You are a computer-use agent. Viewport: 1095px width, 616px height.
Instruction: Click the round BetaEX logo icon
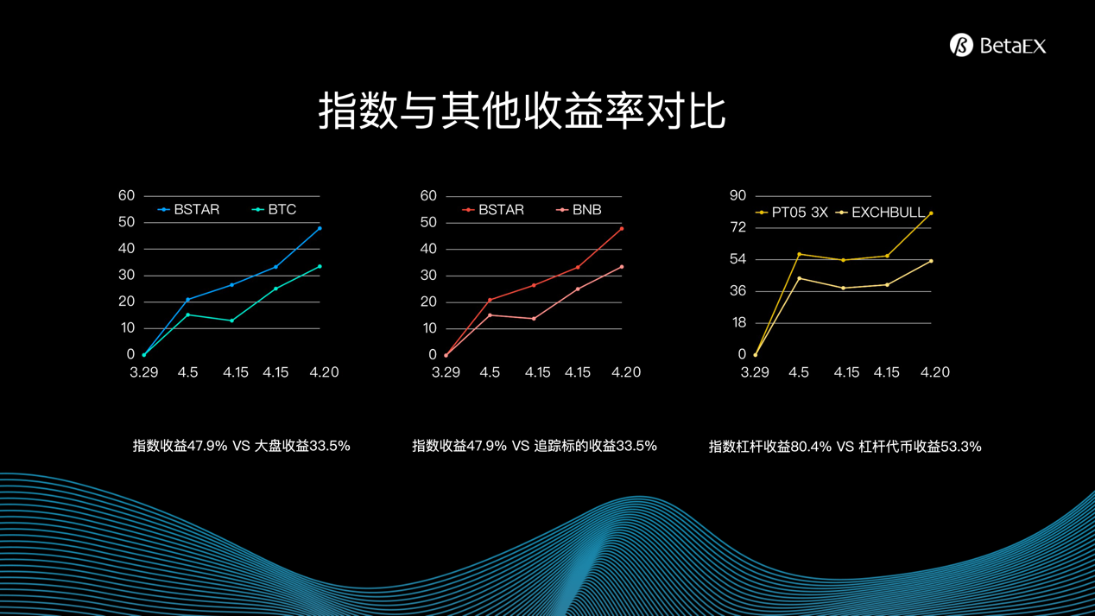tap(961, 46)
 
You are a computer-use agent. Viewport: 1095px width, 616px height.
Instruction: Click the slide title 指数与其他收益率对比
tap(522, 111)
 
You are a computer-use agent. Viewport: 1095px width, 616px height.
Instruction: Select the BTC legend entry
tap(274, 210)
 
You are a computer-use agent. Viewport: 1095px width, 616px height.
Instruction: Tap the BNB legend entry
tap(579, 210)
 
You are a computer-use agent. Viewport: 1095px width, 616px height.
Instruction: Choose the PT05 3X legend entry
tap(791, 213)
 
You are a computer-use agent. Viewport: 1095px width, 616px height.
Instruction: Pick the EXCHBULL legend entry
tap(880, 213)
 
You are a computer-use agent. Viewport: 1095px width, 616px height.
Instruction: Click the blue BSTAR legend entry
tap(188, 210)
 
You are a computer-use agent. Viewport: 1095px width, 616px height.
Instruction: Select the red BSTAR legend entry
tap(493, 210)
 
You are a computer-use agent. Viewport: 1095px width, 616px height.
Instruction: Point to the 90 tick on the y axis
tap(738, 195)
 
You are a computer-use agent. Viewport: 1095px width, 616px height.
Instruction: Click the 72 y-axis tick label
tap(738, 227)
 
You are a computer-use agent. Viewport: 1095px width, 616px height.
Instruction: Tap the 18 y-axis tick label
tap(738, 322)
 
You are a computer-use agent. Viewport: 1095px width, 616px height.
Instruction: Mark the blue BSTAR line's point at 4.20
tap(320, 228)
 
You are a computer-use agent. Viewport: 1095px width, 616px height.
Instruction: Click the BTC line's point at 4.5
tap(187, 314)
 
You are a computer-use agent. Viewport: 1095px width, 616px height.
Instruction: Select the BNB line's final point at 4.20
tap(622, 267)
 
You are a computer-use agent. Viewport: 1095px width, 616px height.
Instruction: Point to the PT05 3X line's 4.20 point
tap(931, 213)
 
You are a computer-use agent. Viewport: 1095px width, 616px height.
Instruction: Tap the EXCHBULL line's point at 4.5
tap(800, 279)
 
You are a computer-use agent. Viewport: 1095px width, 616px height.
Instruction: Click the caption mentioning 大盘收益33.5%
tap(242, 446)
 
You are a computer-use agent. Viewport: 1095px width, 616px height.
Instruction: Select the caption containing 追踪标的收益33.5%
tap(535, 446)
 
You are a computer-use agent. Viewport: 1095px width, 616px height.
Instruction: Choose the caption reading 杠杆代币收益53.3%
tap(845, 447)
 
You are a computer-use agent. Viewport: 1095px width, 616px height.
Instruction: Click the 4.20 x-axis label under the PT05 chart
tap(935, 372)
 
